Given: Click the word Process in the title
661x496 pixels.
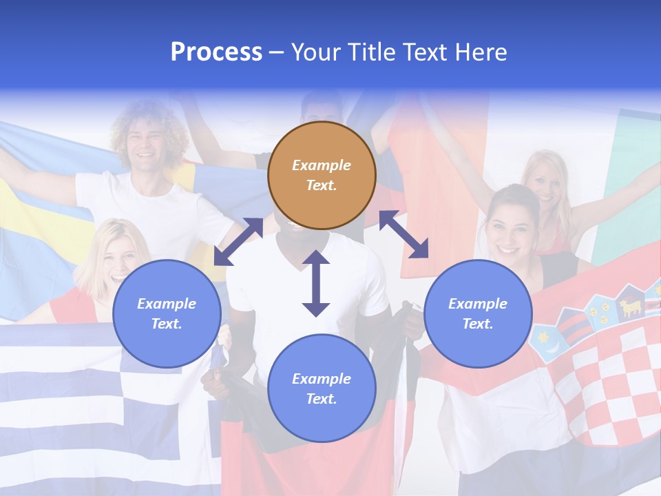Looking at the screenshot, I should point(216,52).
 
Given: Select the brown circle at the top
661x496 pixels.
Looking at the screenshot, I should point(322,175).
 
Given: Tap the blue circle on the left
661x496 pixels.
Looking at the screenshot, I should point(167,313).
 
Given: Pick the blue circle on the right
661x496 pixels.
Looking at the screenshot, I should point(478,313).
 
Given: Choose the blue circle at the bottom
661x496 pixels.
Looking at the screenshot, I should point(322,389).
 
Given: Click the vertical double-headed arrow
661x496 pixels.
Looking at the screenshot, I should point(316,283).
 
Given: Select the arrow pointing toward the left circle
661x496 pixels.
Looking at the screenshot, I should point(238,241).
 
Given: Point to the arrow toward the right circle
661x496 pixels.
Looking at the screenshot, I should point(404,234).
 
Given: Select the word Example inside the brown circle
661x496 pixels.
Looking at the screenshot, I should point(322,165).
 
